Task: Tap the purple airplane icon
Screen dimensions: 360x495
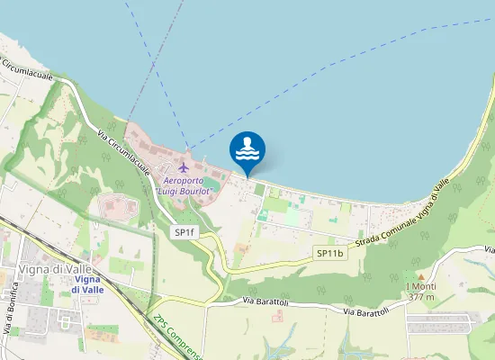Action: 184,166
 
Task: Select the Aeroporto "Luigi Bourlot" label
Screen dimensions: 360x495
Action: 184,185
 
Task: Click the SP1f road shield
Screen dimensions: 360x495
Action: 184,232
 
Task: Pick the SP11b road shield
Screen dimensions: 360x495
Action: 330,254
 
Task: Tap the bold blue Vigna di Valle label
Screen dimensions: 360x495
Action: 86,284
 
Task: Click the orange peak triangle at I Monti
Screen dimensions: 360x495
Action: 420,274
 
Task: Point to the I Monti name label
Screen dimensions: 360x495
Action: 420,285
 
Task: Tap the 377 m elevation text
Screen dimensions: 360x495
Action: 420,296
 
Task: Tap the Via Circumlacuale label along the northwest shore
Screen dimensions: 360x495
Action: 29,69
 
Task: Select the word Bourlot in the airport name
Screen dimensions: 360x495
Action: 195,191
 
